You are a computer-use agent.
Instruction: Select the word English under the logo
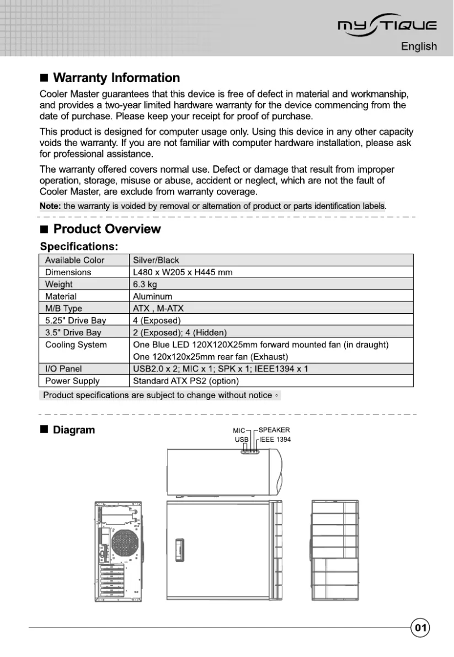(x=418, y=46)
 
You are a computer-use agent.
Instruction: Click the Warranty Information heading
(x=116, y=78)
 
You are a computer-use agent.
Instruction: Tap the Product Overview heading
(x=106, y=229)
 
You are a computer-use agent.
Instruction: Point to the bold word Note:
(x=50, y=206)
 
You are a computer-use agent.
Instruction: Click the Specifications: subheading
(x=79, y=246)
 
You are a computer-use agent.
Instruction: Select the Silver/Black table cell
(x=156, y=261)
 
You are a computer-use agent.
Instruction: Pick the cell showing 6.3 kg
(x=145, y=284)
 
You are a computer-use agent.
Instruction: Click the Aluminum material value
(x=152, y=296)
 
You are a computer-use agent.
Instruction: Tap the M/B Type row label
(x=63, y=309)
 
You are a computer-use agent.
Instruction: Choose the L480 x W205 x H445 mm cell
(x=182, y=272)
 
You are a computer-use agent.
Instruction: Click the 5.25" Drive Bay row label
(x=75, y=321)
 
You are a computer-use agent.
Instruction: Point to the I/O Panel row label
(x=63, y=369)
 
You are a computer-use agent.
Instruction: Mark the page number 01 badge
(x=421, y=628)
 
